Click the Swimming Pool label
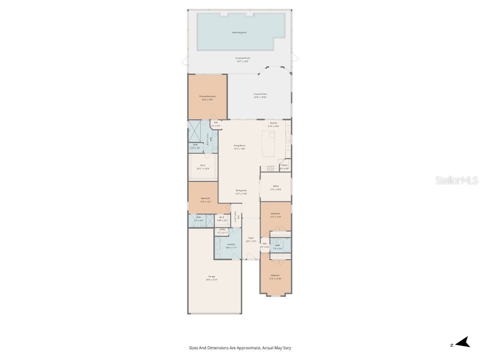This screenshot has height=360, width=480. pyautogui.click(x=240, y=32)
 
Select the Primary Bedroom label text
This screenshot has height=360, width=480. pyautogui.click(x=207, y=96)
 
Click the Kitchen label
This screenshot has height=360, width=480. pyautogui.click(x=273, y=123)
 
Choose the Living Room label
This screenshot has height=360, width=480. pyautogui.click(x=240, y=146)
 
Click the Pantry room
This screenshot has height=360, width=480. pyautogui.click(x=285, y=166)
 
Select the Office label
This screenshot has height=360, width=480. pyautogui.click(x=276, y=186)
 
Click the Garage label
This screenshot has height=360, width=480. pyautogui.click(x=212, y=277)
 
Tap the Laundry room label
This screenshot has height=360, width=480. pyautogui.click(x=231, y=244)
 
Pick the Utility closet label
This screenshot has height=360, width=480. pyautogui.click(x=222, y=229)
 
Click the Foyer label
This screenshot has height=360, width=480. pyautogui.click(x=251, y=238)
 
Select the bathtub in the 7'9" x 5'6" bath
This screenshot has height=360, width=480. pyautogui.click(x=286, y=245)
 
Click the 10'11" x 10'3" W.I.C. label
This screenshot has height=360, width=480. pyautogui.click(x=203, y=165)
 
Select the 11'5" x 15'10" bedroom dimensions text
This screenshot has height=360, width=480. pyautogui.click(x=275, y=278)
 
